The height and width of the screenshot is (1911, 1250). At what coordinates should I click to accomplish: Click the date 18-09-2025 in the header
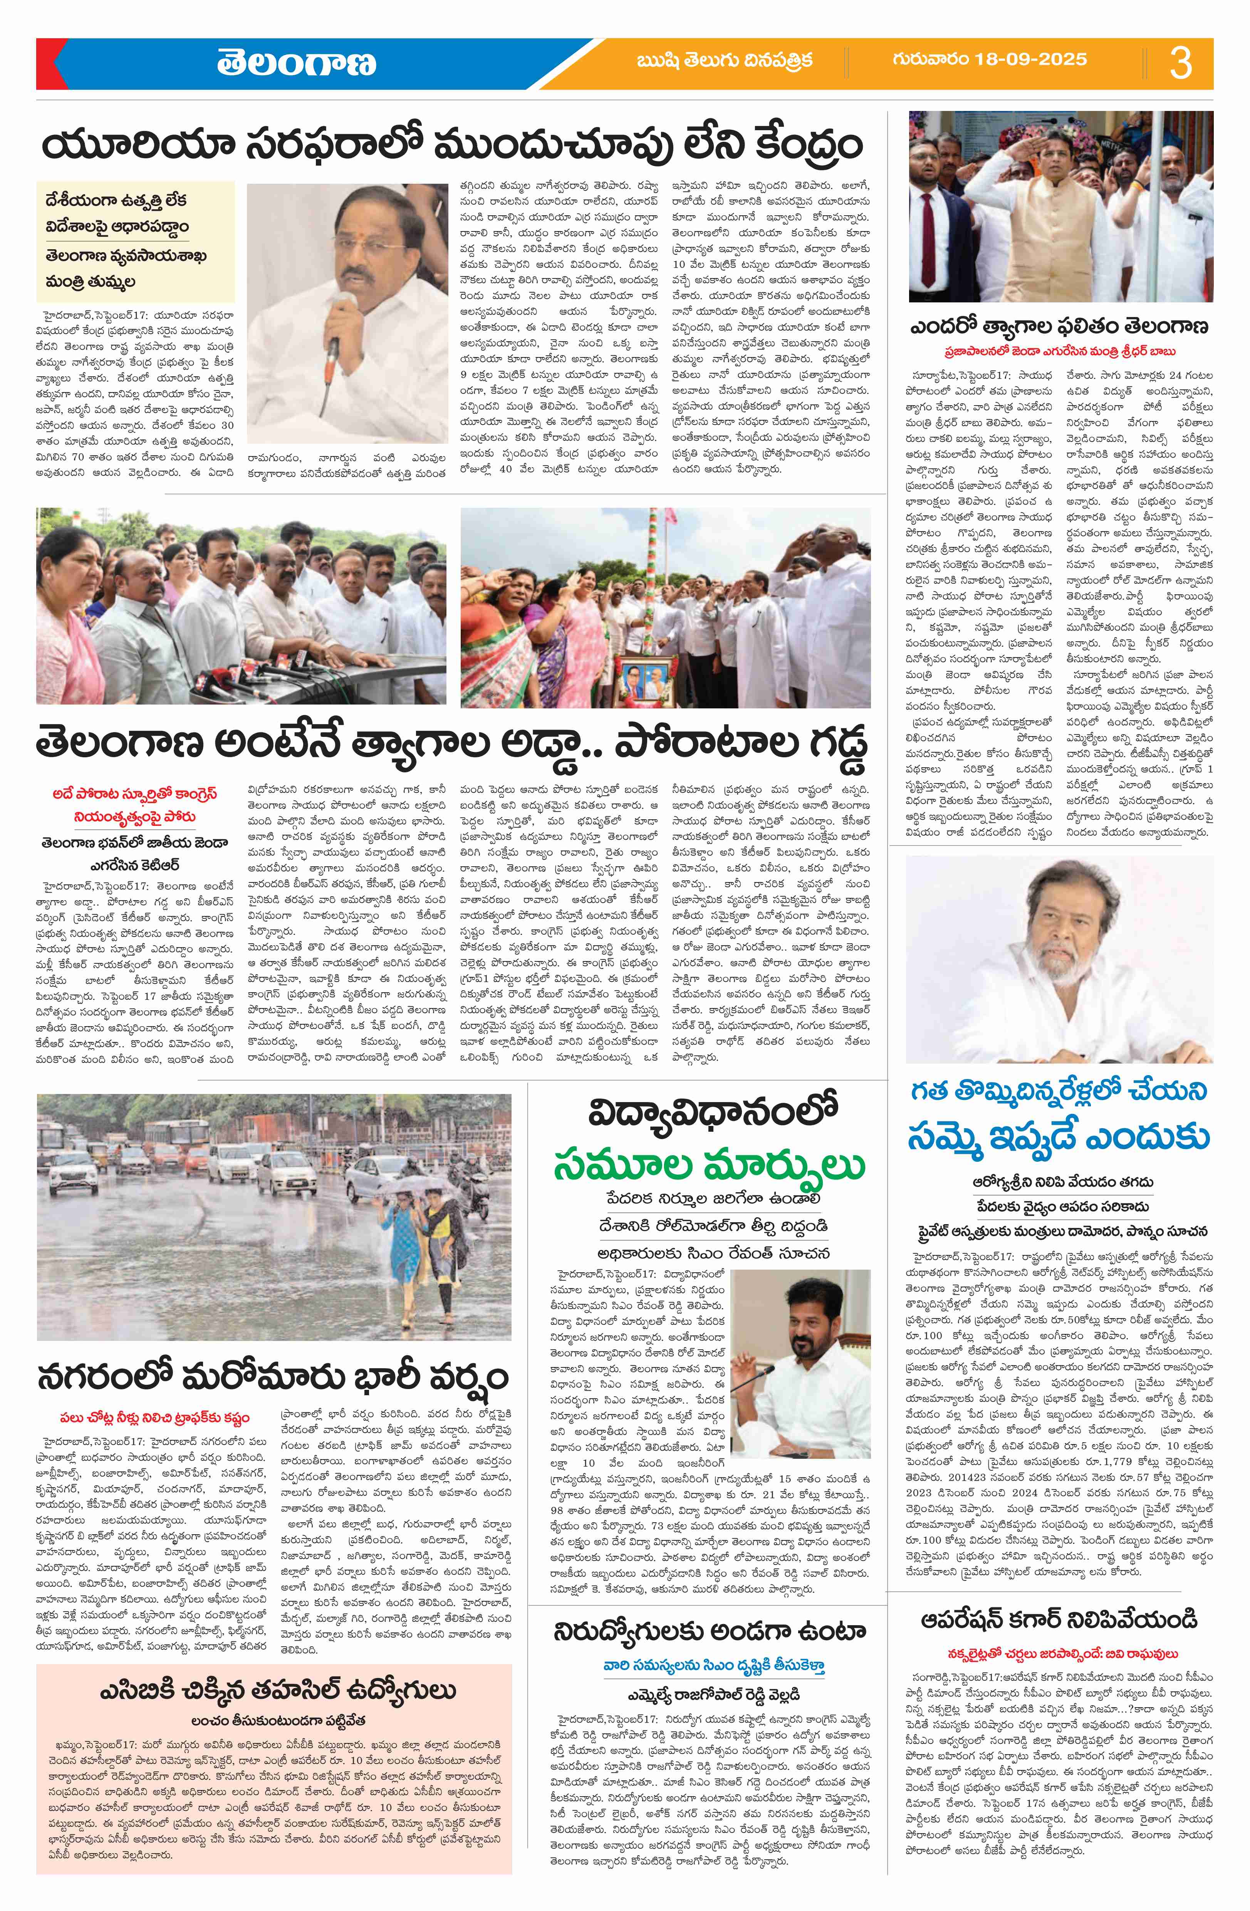[x=990, y=59]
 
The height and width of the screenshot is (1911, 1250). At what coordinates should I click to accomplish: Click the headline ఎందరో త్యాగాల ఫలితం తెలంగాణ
[x=1060, y=327]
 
